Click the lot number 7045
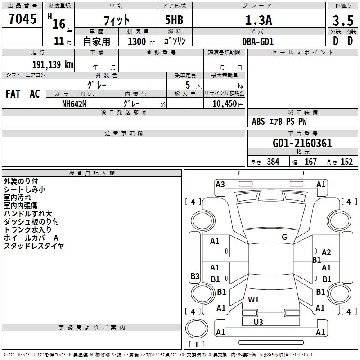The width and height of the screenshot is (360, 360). pos(22,19)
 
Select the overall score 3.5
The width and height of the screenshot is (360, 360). pos(342,20)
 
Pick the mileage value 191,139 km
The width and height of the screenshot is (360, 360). pos(52,64)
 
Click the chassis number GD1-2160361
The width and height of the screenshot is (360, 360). pos(302,143)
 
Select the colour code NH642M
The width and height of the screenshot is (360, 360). pos(74,103)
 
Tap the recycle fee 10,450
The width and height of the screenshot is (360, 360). pos(224,103)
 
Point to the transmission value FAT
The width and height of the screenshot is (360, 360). pos(13,94)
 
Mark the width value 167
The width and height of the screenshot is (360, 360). pos(310,162)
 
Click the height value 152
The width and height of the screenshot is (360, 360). pos(346,162)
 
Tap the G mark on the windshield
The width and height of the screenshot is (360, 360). pos(284,237)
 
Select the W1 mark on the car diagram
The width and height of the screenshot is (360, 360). pos(253,299)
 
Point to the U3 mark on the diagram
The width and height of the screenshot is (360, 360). pos(258,322)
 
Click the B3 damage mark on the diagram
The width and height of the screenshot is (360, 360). pos(195,276)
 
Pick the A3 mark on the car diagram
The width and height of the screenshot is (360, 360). pos(220,184)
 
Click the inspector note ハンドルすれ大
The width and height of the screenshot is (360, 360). pos(28,214)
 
